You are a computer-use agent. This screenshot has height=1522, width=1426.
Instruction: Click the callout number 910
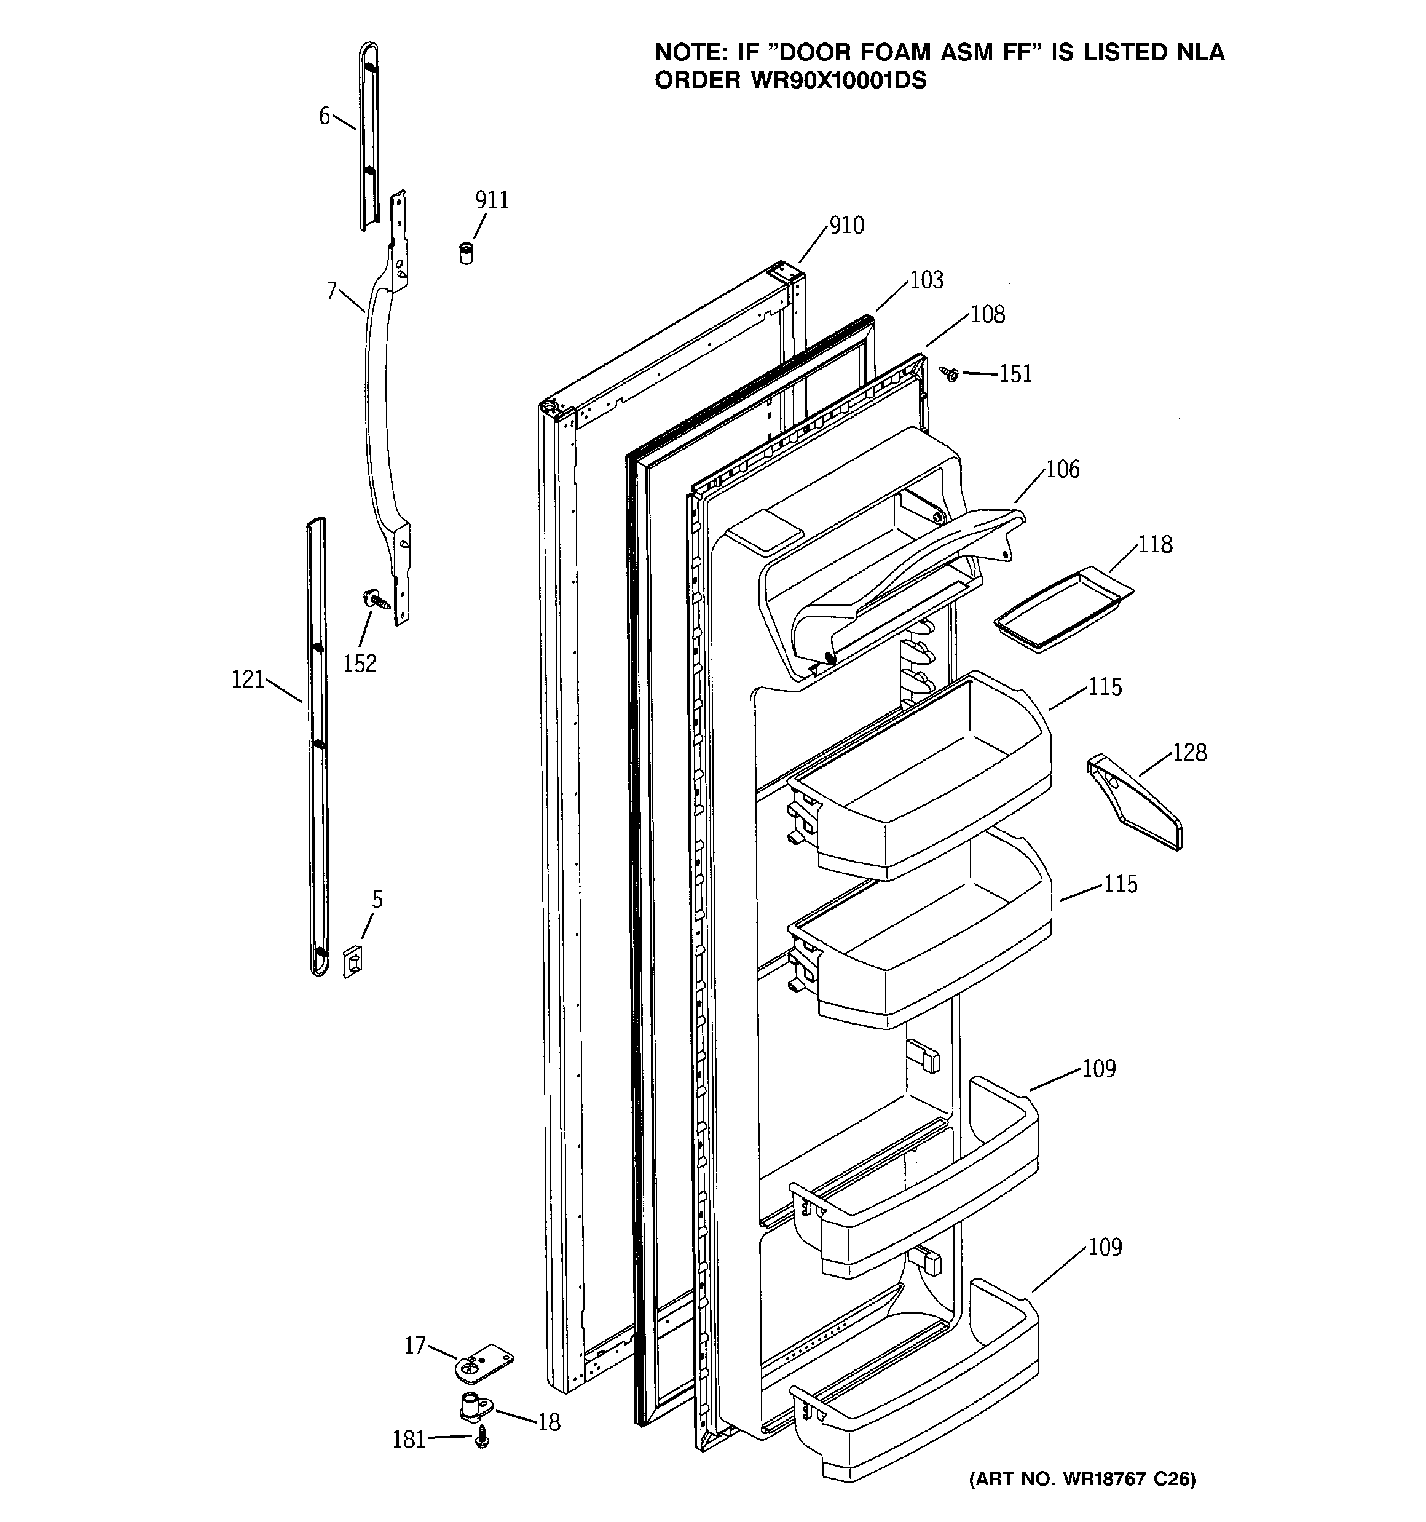tap(846, 225)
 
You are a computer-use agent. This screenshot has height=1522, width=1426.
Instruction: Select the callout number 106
tap(1062, 469)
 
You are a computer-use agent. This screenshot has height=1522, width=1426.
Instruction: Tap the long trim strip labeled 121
tap(318, 747)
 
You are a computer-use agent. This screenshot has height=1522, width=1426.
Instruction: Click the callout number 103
tap(926, 280)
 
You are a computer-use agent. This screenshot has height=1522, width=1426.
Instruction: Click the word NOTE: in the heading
tap(691, 52)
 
